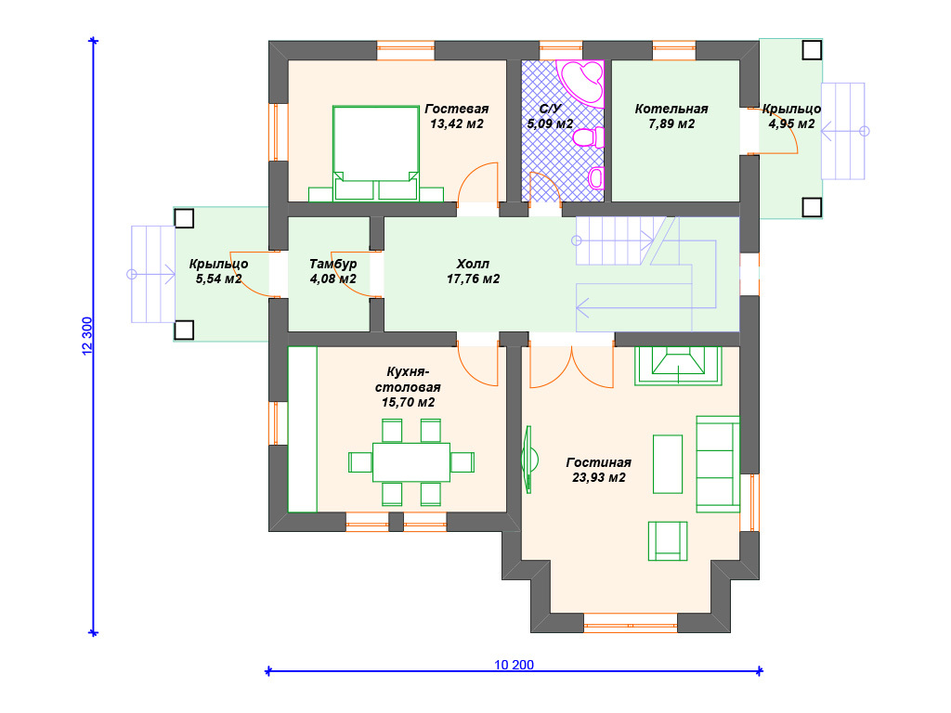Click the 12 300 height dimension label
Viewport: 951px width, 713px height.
click(87, 336)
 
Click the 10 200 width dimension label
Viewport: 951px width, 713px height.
click(514, 665)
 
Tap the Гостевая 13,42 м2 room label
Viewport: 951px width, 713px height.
click(456, 116)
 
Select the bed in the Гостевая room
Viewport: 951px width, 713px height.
click(376, 153)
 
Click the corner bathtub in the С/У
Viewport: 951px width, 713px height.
click(582, 82)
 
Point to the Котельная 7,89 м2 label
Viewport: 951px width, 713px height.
click(671, 116)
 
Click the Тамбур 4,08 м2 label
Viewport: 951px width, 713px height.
click(333, 271)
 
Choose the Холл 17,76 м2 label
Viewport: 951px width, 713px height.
click(473, 271)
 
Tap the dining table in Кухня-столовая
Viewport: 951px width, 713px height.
click(411, 462)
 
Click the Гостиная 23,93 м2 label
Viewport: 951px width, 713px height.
click(599, 470)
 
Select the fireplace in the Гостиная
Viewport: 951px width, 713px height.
click(678, 366)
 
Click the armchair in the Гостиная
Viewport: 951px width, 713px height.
click(668, 541)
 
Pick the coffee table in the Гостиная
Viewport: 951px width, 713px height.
click(668, 464)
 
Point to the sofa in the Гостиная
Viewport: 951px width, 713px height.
click(718, 464)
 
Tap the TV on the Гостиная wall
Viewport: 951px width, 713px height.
click(528, 459)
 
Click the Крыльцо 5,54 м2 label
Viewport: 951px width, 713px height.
click(218, 271)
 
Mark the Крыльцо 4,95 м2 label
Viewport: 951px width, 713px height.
click(791, 116)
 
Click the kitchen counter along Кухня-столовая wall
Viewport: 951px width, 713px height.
click(302, 429)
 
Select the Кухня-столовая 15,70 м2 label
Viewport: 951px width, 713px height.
click(408, 387)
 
